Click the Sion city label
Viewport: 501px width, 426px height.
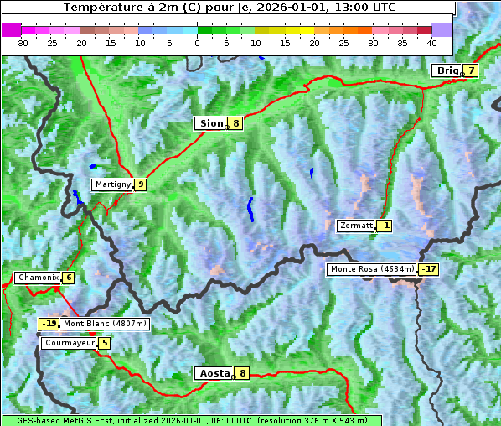click(x=210, y=123)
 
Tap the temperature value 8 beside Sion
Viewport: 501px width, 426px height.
click(x=236, y=123)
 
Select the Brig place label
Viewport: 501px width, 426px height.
click(x=447, y=70)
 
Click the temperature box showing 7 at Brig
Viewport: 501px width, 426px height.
click(x=472, y=70)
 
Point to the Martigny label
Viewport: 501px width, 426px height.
click(x=112, y=184)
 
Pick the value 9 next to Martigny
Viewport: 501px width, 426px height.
click(x=140, y=184)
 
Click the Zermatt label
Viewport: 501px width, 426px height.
click(x=356, y=226)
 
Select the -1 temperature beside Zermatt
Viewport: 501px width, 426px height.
click(x=384, y=226)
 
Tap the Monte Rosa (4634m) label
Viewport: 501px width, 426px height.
click(x=372, y=269)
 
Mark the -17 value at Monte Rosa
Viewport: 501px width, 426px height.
click(x=428, y=269)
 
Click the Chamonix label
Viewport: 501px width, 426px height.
click(x=37, y=278)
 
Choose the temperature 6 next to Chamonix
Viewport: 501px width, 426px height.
click(x=68, y=278)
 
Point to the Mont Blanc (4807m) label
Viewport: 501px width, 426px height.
click(x=105, y=324)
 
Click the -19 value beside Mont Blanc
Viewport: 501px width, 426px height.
click(x=49, y=324)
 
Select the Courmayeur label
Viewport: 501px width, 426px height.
click(x=69, y=343)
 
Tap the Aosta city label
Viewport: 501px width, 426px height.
click(x=213, y=373)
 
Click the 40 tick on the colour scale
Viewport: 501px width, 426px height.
click(x=431, y=42)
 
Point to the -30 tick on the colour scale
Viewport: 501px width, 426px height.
click(x=22, y=42)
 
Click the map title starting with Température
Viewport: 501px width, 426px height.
click(x=229, y=8)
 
